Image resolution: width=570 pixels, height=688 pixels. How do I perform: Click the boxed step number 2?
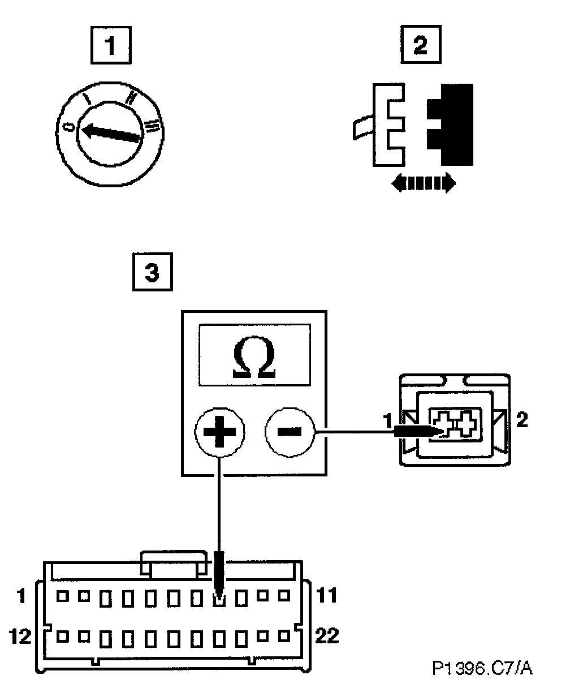(421, 45)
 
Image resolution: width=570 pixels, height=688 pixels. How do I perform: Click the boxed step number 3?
(151, 273)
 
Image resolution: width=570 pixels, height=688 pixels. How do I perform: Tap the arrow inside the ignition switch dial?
(110, 133)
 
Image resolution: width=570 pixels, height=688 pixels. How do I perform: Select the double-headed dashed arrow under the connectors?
(423, 183)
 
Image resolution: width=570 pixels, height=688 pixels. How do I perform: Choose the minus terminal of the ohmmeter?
(290, 432)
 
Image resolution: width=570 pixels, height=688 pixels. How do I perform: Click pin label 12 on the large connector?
(21, 637)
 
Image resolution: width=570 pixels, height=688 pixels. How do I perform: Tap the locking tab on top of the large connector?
(174, 564)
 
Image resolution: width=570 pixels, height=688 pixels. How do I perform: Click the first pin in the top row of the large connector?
(61, 596)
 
